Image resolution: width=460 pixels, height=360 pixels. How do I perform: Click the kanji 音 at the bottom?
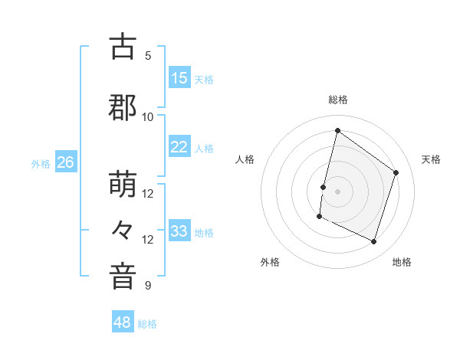point(123,277)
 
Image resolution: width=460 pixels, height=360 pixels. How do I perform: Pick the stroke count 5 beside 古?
point(148,56)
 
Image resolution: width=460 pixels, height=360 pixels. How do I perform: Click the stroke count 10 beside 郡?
point(148,117)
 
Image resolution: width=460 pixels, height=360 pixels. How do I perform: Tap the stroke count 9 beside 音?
point(148,286)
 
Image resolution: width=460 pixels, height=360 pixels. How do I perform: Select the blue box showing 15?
point(179,78)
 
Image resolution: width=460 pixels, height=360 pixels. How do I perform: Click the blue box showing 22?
point(179,148)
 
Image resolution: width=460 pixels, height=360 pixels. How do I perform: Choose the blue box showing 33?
point(179,231)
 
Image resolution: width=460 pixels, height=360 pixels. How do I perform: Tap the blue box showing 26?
point(65,162)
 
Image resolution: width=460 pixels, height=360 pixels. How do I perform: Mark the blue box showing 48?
point(123,322)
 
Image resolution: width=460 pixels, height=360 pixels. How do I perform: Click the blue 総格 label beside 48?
point(147,324)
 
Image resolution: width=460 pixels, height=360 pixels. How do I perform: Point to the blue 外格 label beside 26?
point(41,164)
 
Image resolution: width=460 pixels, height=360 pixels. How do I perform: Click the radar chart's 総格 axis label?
point(337,100)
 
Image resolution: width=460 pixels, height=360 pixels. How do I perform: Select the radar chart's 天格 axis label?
point(432,159)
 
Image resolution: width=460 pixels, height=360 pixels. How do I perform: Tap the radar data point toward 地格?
point(374,242)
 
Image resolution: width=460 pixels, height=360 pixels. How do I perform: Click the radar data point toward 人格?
point(324,187)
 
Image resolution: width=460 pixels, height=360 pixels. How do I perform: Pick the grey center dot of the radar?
point(337,191)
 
